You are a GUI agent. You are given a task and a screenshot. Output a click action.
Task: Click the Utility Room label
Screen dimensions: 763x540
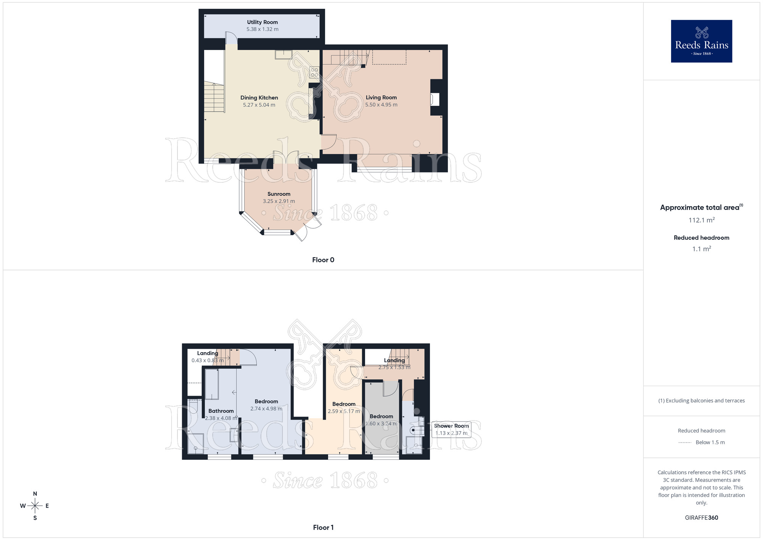coord(262,22)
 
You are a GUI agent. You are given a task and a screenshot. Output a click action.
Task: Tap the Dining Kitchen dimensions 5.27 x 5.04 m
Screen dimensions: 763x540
coord(259,105)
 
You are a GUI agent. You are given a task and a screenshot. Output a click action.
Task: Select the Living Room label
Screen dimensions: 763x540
coord(381,98)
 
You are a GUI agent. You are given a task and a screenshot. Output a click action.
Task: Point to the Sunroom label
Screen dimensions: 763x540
coord(279,194)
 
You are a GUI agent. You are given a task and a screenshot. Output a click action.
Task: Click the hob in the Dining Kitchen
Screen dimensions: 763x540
coord(314,72)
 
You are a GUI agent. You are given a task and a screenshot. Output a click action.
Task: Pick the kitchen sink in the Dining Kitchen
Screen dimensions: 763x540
coord(283,55)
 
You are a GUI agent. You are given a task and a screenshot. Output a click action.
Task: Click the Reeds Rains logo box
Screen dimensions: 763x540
coord(702,41)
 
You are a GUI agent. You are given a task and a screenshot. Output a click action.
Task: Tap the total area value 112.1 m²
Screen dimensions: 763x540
coord(702,220)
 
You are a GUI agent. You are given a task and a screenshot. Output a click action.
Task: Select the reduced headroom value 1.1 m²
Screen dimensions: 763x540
coord(702,249)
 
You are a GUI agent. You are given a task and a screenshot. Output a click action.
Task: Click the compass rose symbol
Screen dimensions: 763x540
coord(35,506)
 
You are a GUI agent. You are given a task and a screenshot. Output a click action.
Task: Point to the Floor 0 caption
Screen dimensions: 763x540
coord(323,260)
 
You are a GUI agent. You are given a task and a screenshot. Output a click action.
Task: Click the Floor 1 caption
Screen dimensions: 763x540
coord(323,527)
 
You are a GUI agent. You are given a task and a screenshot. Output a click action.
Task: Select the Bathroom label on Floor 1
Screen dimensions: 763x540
coord(221,411)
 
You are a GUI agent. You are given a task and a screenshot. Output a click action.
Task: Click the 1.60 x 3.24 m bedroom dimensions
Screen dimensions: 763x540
coord(381,424)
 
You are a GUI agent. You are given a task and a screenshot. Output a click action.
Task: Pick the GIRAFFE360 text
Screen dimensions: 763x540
coord(702,518)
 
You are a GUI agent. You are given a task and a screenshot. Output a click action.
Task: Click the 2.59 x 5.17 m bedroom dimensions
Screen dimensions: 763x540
coord(344,411)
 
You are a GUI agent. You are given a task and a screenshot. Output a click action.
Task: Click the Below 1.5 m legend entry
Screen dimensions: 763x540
coord(702,443)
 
